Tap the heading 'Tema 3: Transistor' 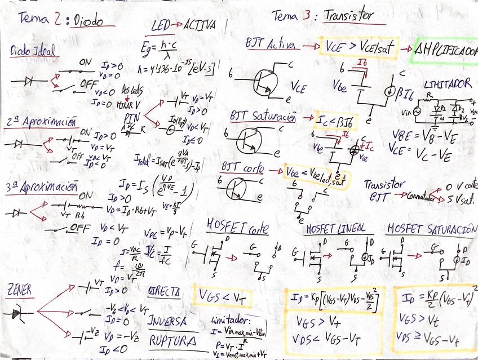(322, 16)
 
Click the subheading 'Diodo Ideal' (33, 52)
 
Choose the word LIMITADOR (448, 83)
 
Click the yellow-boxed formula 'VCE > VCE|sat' (358, 46)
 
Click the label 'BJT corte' (243, 168)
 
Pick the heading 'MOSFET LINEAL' (335, 229)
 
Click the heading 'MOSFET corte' (237, 228)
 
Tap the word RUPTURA (171, 341)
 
